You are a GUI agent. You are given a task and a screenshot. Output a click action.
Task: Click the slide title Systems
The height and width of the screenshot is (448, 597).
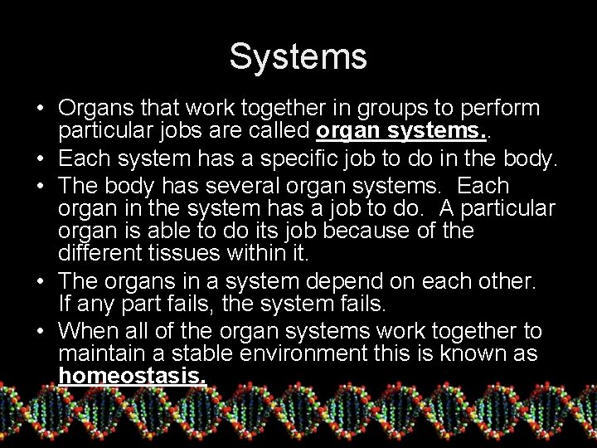click(298, 57)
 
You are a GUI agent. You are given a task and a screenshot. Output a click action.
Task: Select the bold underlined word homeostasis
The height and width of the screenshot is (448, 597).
click(133, 377)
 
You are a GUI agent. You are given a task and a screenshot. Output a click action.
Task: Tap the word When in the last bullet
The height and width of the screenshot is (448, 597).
click(88, 332)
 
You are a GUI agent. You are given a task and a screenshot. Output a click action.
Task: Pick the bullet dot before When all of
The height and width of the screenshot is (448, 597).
click(40, 332)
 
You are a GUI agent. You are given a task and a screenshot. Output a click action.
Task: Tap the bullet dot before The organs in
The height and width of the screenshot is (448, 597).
click(40, 282)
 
